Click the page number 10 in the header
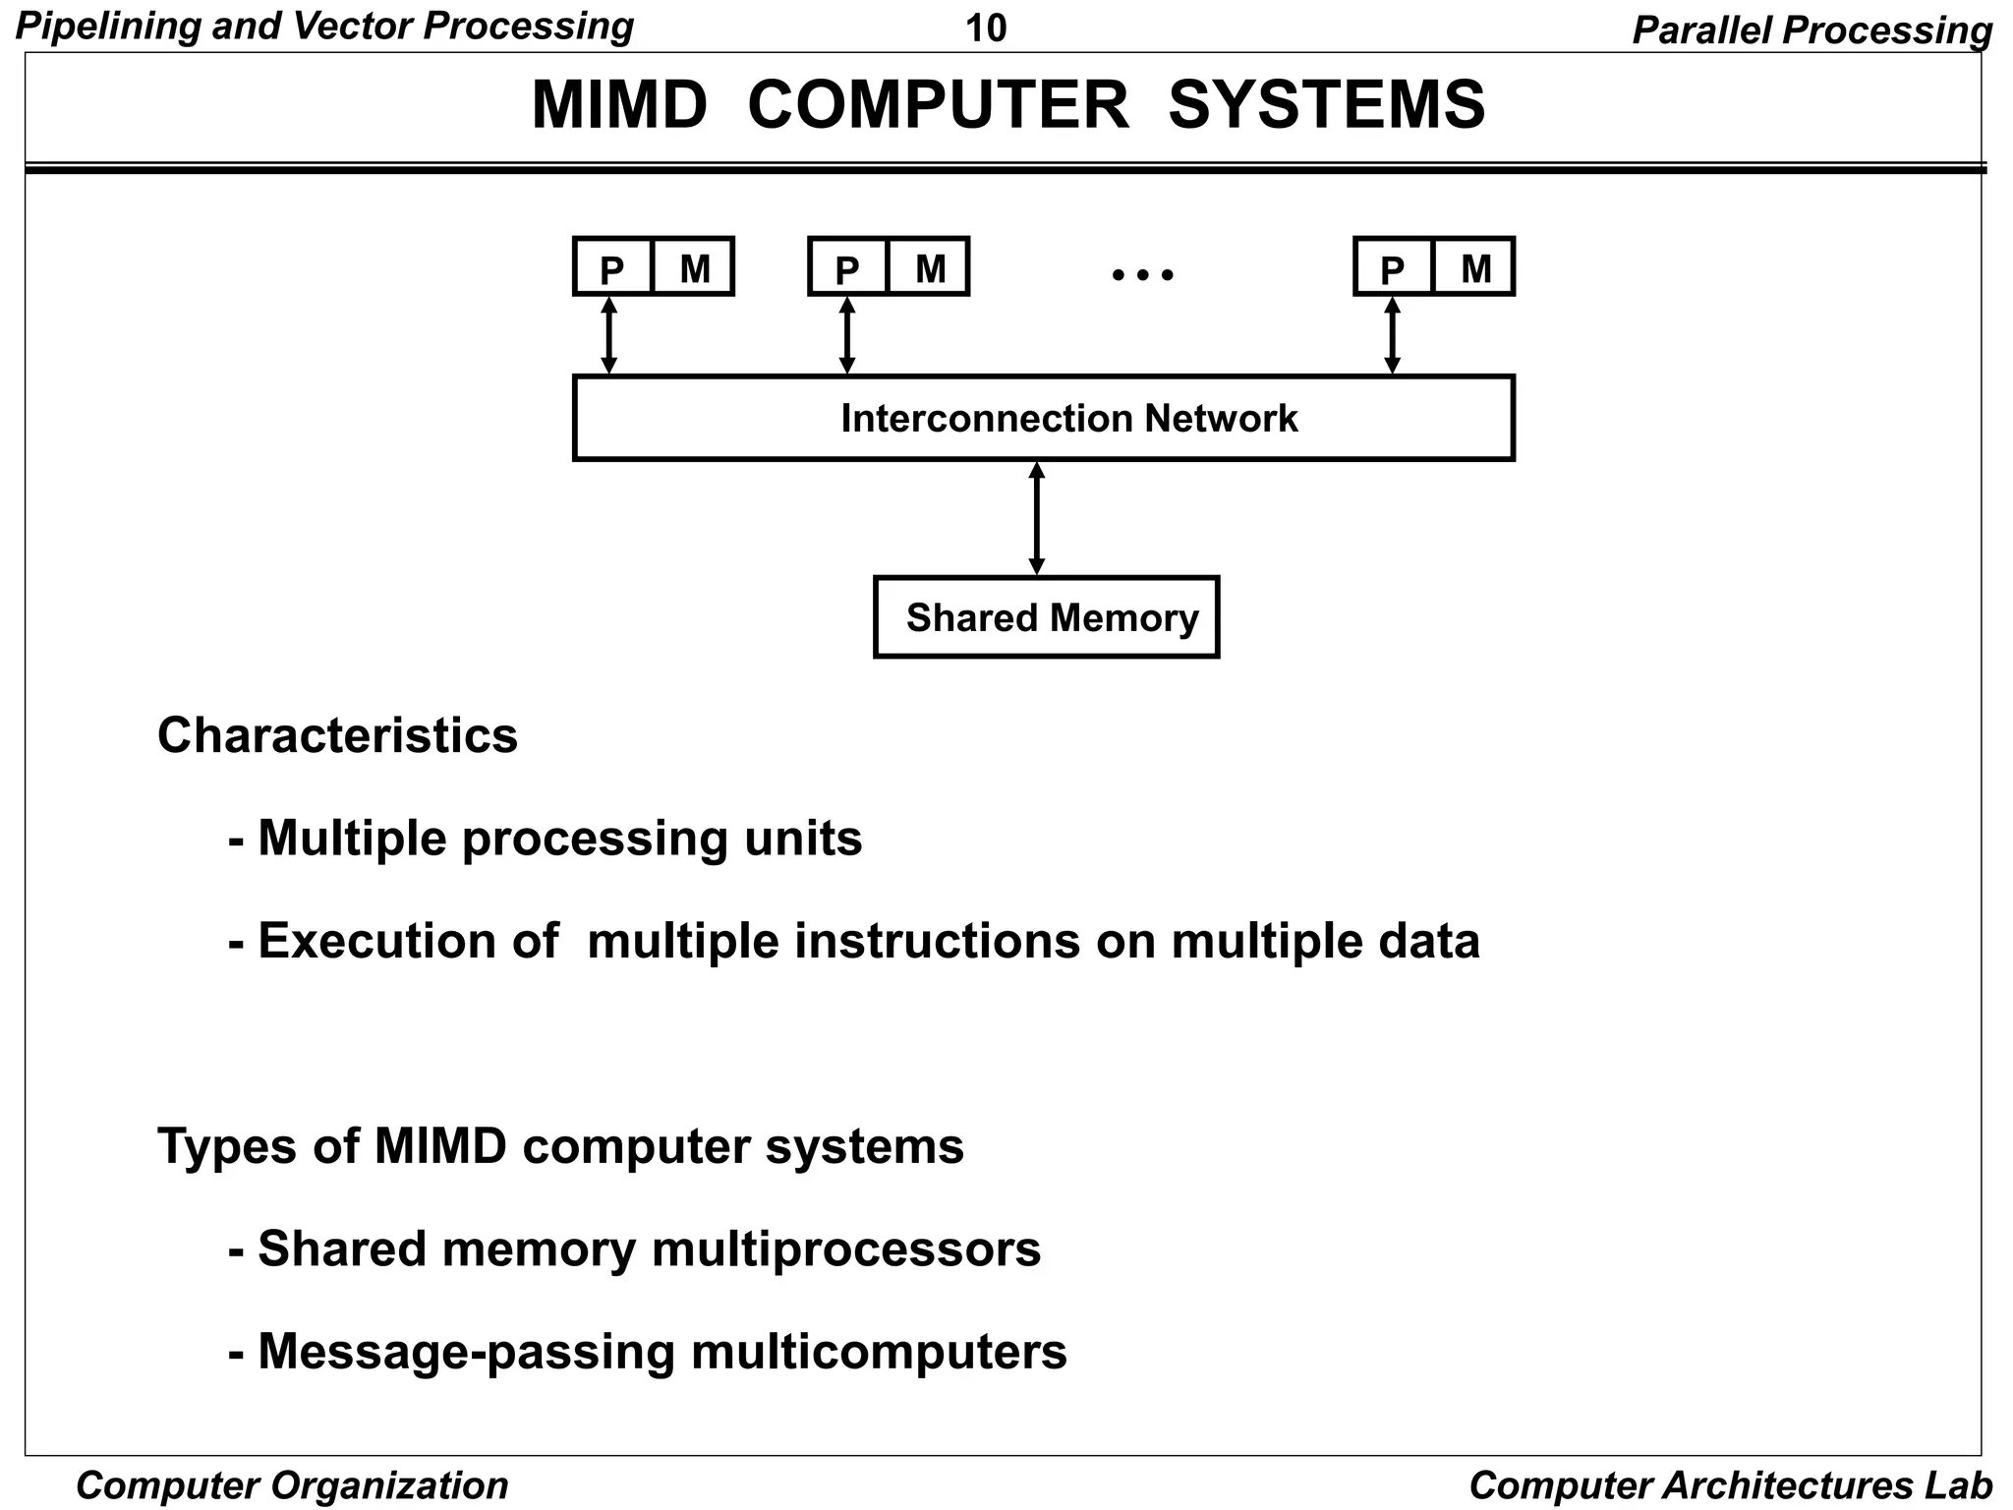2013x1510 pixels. click(x=986, y=29)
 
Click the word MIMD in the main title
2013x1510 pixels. click(x=619, y=105)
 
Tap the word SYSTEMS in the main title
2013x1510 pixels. click(x=1326, y=105)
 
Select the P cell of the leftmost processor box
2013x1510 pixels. click(x=612, y=267)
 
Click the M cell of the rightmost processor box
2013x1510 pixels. click(x=1474, y=267)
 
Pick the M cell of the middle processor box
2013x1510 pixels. click(x=929, y=267)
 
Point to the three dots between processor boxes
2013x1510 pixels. click(x=1142, y=274)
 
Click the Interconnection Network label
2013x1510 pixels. click(x=1068, y=419)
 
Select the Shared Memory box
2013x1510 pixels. click(x=1047, y=617)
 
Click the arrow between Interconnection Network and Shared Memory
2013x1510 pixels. click(x=1036, y=518)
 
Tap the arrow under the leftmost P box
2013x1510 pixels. click(x=608, y=335)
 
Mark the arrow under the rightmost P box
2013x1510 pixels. click(x=1392, y=335)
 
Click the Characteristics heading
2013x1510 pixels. click(x=337, y=735)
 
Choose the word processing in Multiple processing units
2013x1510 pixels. click(x=595, y=840)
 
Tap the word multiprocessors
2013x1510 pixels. click(x=845, y=1249)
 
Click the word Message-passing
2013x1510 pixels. click(x=466, y=1352)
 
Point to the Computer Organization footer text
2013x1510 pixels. click(x=292, y=1484)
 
